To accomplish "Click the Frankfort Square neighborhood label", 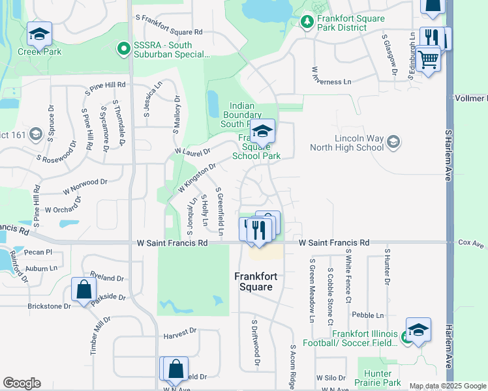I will (256, 282).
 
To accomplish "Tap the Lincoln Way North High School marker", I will (393, 141).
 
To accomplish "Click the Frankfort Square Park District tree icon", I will (307, 22).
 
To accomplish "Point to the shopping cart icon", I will (428, 60).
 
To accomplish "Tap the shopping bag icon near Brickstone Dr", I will (84, 289).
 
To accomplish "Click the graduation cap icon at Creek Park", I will (39, 33).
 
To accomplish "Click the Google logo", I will (22, 383).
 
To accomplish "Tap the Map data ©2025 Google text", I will (448, 386).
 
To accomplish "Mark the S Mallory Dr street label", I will (176, 114).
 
